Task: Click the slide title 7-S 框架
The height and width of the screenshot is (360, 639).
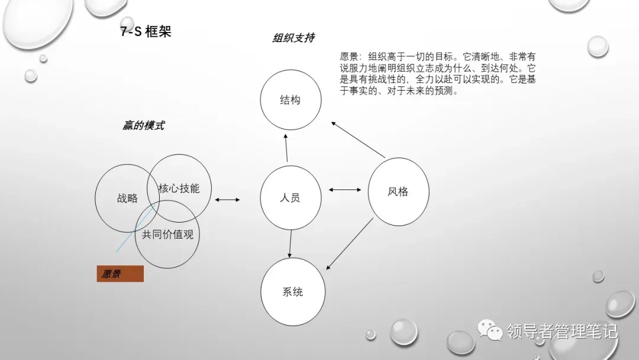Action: coord(146,32)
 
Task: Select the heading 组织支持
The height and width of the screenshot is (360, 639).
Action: coord(293,38)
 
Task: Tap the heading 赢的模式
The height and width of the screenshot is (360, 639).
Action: coord(143,126)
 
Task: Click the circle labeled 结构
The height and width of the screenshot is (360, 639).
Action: coord(291,100)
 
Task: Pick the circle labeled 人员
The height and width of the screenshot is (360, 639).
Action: coord(291,197)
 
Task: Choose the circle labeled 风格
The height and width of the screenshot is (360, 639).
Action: coord(398,191)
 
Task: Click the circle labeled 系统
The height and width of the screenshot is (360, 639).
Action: coord(292,291)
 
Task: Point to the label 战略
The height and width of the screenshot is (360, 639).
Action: coord(127,198)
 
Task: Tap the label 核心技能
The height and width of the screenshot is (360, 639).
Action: coord(179,189)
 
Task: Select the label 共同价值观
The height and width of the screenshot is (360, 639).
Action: coord(167,234)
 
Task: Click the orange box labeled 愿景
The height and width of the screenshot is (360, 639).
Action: coord(120,274)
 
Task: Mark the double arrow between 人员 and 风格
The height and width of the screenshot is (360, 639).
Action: coord(345,190)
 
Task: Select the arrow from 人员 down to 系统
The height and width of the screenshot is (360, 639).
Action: coord(291,243)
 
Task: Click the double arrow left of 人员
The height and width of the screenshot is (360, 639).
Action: coord(227,200)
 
